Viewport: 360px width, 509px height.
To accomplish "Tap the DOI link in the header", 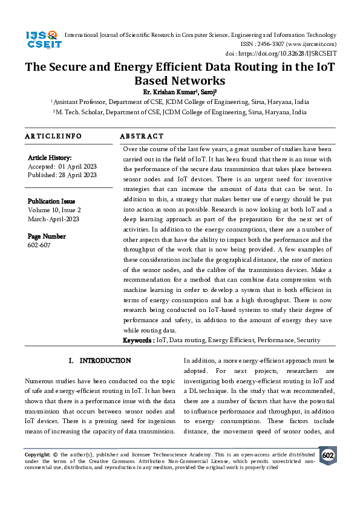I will (290, 53).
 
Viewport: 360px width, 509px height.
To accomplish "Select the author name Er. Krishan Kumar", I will (163, 92).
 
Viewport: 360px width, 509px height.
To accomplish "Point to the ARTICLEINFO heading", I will (53, 137).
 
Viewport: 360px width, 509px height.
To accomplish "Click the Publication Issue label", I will (51, 201).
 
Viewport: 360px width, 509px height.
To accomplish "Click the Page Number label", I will (47, 236).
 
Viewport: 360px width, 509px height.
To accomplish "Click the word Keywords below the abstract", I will (137, 340).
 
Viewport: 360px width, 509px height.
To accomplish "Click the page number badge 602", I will (328, 456).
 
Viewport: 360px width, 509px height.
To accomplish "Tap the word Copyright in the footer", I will (36, 453).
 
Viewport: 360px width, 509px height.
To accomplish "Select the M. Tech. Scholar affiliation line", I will (180, 112).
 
